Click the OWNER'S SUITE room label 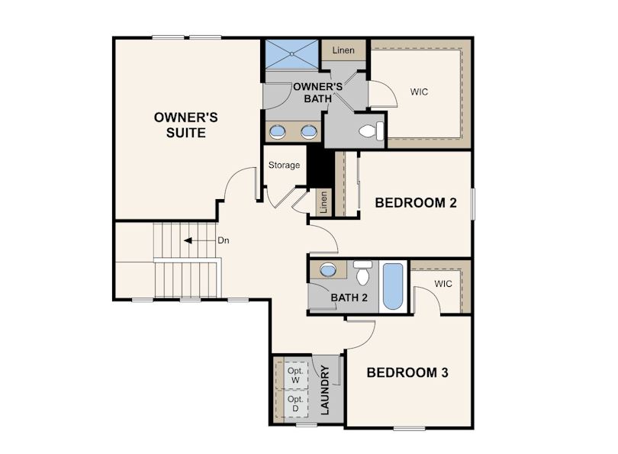(185, 125)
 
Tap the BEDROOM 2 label (416, 202)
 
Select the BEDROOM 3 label (407, 372)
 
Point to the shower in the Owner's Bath (291, 54)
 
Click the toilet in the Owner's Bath (372, 130)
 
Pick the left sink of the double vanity (278, 131)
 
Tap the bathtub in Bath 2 (393, 286)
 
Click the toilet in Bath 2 (362, 272)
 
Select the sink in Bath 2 (327, 270)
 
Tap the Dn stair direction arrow (199, 240)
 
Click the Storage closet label (284, 165)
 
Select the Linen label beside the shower (343, 50)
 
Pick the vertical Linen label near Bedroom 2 (323, 202)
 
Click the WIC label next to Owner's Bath (419, 92)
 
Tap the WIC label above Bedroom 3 (443, 284)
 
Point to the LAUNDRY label (325, 390)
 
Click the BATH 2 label (349, 298)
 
